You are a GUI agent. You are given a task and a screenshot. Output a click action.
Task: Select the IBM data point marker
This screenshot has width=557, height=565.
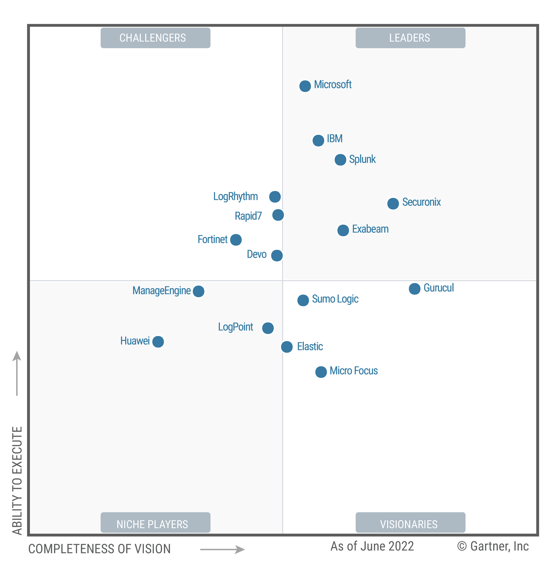pos(318,140)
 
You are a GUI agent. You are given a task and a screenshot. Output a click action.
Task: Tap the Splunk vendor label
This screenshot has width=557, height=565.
pos(362,159)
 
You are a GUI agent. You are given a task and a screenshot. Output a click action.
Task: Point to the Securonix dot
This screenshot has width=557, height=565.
pos(393,204)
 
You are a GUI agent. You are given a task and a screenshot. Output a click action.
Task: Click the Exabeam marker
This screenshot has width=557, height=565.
pos(343,230)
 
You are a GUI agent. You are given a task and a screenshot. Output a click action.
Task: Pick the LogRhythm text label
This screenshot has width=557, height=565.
pos(235,196)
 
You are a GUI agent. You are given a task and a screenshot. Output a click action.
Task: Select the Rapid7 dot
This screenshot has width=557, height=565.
pos(278,215)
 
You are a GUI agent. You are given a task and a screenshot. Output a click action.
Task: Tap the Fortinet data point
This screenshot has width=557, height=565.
pos(236,240)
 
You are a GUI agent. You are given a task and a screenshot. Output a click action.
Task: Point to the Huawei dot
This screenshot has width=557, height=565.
pos(158,342)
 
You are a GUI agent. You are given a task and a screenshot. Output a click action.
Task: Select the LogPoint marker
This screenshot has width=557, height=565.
pos(268,328)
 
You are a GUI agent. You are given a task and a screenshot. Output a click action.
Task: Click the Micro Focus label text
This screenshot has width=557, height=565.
pos(353,371)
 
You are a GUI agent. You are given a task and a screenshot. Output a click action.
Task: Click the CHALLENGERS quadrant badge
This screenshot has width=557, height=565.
pos(155,38)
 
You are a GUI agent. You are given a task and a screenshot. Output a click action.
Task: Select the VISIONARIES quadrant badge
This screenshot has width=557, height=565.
pos(410,524)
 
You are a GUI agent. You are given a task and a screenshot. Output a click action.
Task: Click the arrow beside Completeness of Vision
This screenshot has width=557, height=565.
pos(222,550)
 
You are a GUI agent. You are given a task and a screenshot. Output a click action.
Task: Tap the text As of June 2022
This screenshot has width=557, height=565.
pos(372,546)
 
